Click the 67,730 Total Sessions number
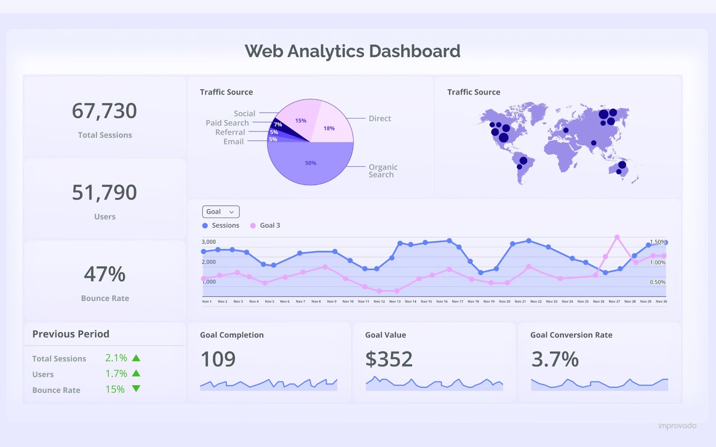[x=104, y=111]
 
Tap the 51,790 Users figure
[x=104, y=193]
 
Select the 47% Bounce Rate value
[x=105, y=274]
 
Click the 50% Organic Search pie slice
[x=311, y=163]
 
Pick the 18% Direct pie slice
[x=329, y=128]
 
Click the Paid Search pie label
[x=227, y=123]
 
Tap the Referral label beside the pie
[x=230, y=132]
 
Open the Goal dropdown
[x=221, y=212]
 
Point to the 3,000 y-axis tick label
[x=209, y=242]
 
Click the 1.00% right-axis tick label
[x=657, y=262]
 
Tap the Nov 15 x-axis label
[x=426, y=302]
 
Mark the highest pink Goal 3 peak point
[x=617, y=237]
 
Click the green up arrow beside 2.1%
[x=136, y=358]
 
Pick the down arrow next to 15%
[x=136, y=389]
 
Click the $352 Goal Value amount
[x=389, y=359]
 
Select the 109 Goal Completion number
[x=218, y=359]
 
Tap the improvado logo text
[x=677, y=426]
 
